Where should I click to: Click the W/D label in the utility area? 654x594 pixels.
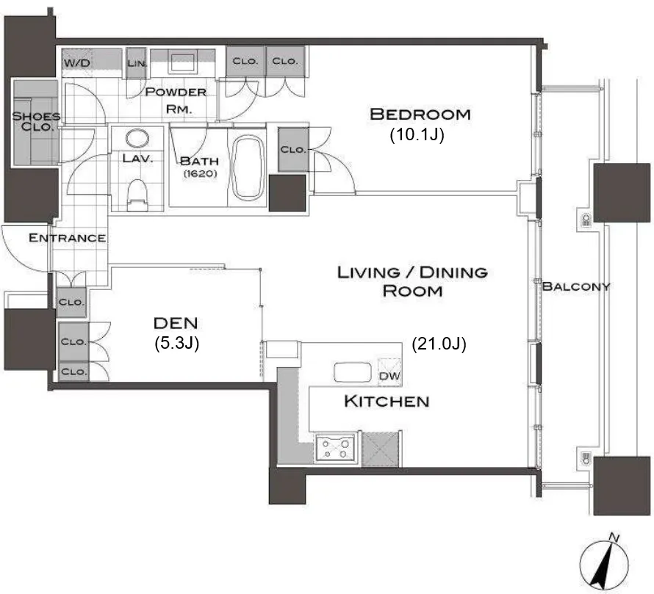tap(77, 63)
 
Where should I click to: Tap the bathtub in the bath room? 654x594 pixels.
tap(248, 167)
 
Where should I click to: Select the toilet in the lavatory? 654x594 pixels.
tap(137, 195)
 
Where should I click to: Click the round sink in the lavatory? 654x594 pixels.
tap(137, 138)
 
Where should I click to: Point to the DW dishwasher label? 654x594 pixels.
tap(389, 376)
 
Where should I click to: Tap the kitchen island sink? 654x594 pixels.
tap(353, 372)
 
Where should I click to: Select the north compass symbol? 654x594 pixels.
tap(604, 564)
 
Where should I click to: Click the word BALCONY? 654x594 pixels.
tap(575, 286)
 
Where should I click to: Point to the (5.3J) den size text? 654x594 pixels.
tap(176, 343)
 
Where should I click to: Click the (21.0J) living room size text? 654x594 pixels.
tap(439, 344)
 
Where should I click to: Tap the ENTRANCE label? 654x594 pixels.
tap(67, 238)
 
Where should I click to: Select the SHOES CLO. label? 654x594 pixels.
tap(36, 121)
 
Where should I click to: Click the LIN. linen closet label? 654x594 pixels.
tap(137, 63)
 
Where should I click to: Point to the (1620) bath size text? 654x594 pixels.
tap(200, 173)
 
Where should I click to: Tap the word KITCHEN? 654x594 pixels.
tap(387, 401)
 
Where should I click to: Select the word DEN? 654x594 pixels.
tap(176, 323)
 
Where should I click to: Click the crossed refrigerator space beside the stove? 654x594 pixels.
tap(381, 449)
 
